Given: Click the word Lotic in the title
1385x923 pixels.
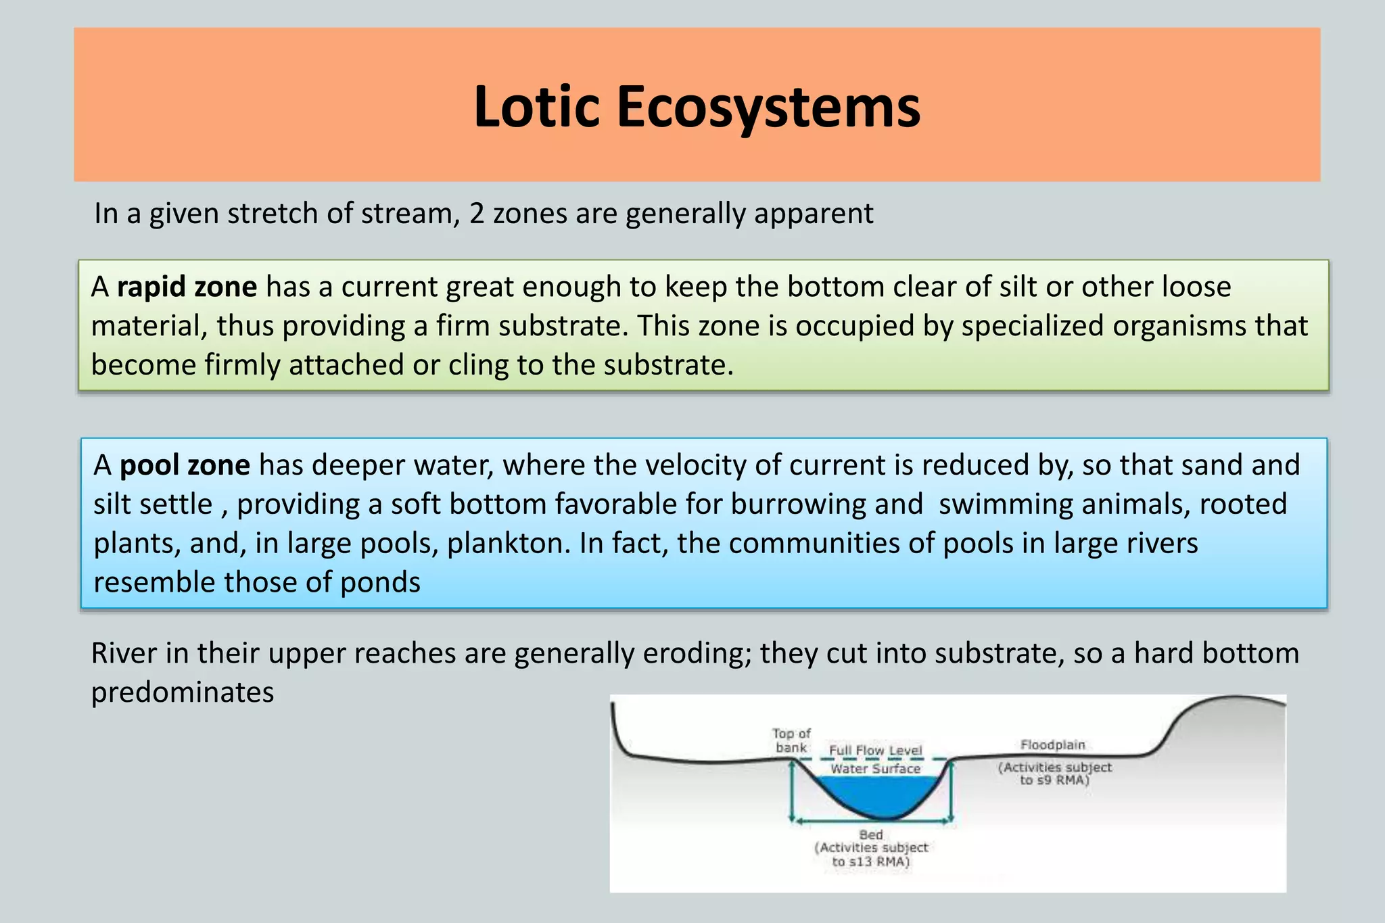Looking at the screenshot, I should coord(536,107).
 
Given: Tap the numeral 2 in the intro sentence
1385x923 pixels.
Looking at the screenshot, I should coord(477,214).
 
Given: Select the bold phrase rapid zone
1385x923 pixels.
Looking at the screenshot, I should coord(187,287).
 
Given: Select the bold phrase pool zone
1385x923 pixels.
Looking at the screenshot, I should coord(185,465).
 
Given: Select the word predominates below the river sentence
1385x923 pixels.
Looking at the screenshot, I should coord(183,692).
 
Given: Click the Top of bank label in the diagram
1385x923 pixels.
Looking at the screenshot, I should coord(791,740).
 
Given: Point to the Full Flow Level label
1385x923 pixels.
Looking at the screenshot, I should coord(875,751).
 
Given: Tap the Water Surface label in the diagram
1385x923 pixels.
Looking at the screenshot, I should coord(875,769).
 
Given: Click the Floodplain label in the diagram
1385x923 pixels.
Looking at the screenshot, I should coord(1053,745).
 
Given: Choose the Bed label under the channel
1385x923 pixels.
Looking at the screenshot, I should coord(871,835).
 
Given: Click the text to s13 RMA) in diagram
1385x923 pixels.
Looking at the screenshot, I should coord(871,861).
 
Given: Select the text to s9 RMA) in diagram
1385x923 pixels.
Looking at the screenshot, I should coord(1055,780).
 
